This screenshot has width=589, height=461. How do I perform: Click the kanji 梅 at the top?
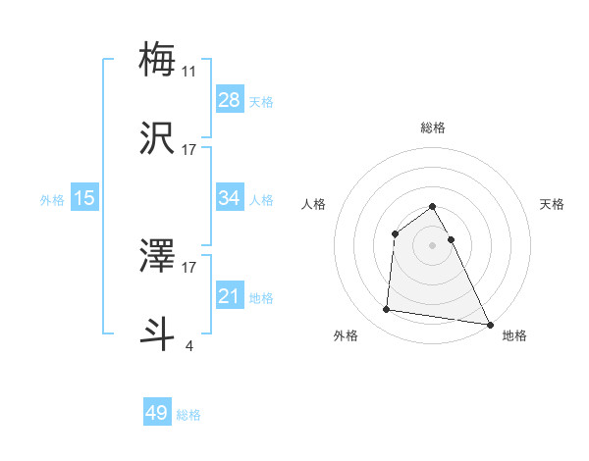(x=158, y=59)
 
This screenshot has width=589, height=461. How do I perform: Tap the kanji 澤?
(x=158, y=254)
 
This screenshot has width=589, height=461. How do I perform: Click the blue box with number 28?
(x=230, y=100)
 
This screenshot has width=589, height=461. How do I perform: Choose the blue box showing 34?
(x=230, y=198)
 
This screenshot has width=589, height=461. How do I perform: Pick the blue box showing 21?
(x=230, y=296)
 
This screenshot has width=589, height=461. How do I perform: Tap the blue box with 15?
(x=84, y=198)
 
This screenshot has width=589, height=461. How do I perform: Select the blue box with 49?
(x=157, y=413)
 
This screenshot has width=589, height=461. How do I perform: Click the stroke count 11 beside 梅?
(x=189, y=71)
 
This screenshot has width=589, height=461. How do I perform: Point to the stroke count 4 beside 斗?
(x=189, y=345)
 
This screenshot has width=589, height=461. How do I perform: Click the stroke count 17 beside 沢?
(x=189, y=150)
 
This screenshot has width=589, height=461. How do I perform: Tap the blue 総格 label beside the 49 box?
(x=189, y=415)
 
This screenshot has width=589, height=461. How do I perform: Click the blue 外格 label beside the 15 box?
(x=52, y=200)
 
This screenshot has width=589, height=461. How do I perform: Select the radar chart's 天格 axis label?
(x=552, y=204)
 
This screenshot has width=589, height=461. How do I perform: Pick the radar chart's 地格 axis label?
(x=514, y=335)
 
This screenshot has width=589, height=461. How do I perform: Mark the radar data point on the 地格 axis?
(x=489, y=325)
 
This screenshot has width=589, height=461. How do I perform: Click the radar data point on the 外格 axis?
(x=387, y=310)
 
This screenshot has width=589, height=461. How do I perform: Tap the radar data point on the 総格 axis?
(x=432, y=207)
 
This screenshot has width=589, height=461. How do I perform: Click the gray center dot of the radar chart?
(x=432, y=244)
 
